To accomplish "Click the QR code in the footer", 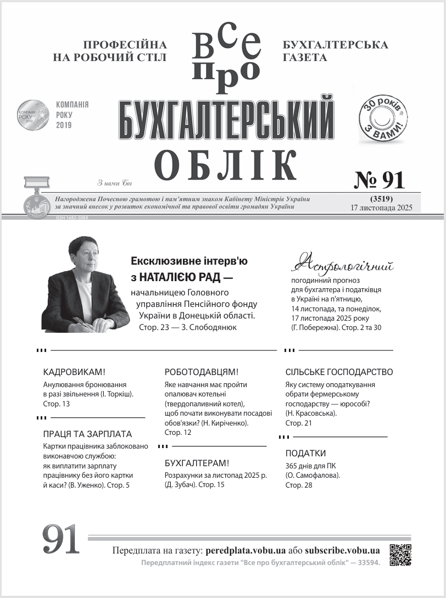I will pos(400,554).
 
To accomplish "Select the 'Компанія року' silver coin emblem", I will pos(33,115).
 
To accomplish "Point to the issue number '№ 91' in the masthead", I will pos(378,180).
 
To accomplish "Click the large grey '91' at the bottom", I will pos(61,539).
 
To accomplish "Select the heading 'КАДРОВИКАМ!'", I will pos(74,372).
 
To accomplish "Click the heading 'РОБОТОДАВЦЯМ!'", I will pos(202,372).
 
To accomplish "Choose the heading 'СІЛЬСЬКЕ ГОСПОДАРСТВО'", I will pos(339,372).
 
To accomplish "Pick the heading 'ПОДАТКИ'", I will pos(305,454).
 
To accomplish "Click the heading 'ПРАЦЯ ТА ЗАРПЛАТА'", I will pos(87,434).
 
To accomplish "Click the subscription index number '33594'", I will pos(366,563).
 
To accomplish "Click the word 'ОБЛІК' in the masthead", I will pos(225,163).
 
